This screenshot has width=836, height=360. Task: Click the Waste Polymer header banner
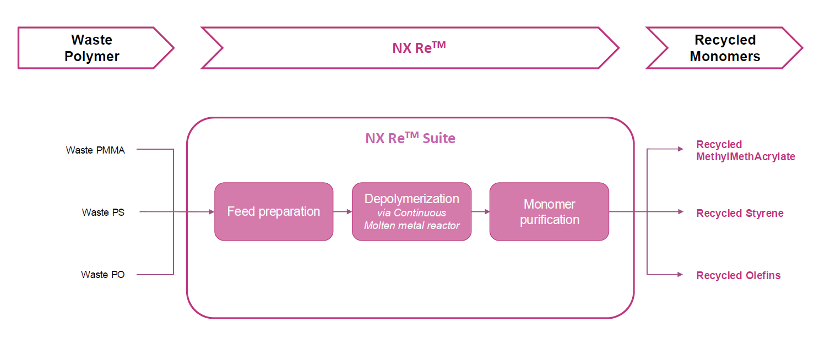(92, 48)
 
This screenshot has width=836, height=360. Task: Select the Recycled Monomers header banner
(724, 48)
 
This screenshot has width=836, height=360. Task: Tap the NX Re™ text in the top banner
(419, 47)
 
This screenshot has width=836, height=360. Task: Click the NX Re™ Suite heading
(410, 138)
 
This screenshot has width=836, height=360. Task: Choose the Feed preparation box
(274, 211)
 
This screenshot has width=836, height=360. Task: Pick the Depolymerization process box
(411, 211)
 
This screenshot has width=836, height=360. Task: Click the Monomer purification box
(549, 211)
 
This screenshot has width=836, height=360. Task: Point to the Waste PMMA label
(95, 150)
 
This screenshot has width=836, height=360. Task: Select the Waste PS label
(103, 212)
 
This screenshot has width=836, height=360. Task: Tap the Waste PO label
(102, 274)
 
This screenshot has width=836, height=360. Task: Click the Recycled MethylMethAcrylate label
(746, 150)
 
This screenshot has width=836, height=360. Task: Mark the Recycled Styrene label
(740, 213)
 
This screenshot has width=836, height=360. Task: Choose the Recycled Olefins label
(738, 275)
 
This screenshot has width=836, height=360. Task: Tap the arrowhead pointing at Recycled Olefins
(681, 274)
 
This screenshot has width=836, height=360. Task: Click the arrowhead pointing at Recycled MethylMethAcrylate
(681, 149)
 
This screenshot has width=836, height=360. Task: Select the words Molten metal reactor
(411, 225)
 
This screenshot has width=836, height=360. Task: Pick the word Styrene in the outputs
(762, 213)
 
